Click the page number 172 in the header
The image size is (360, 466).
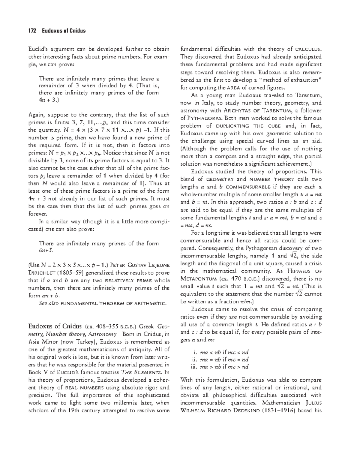[32, 31]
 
